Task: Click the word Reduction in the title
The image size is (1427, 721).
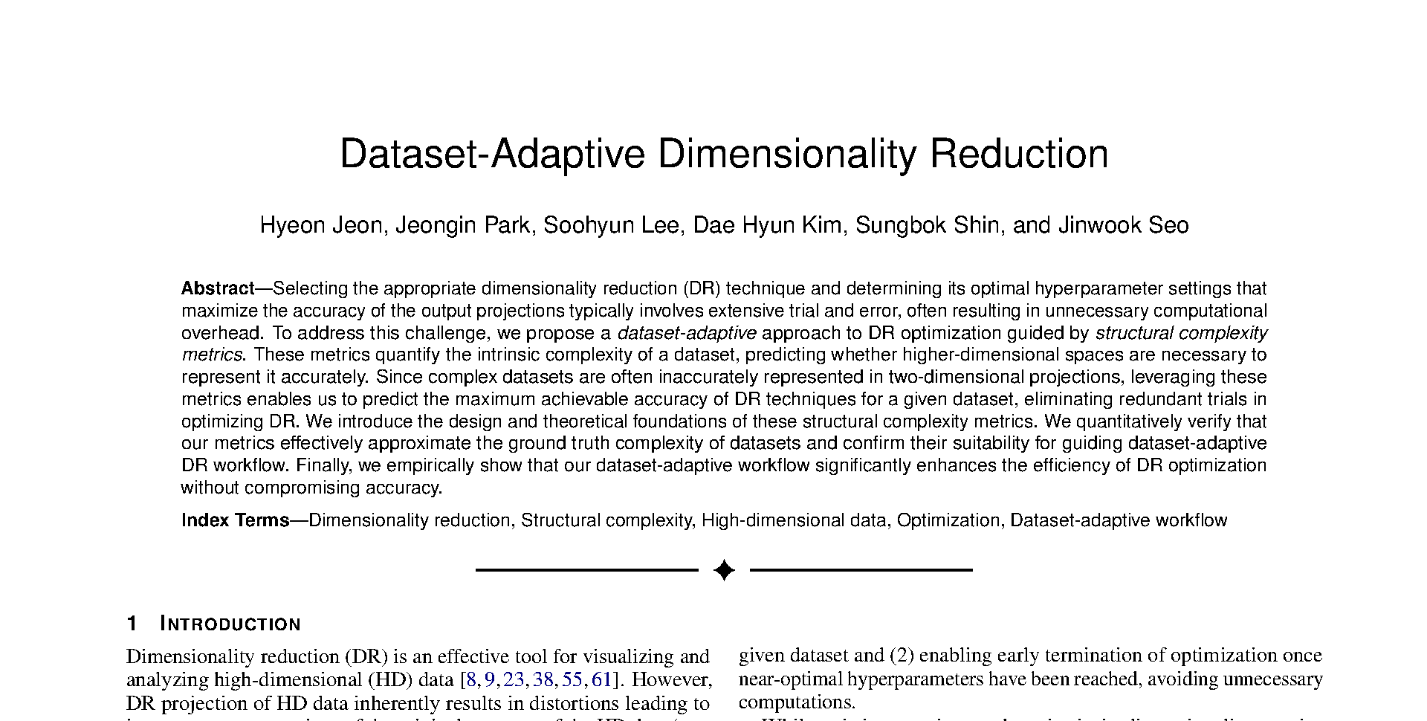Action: coord(1019,155)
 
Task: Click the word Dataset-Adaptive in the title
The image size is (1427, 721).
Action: coord(491,155)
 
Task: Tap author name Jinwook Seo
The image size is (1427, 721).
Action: coord(1123,225)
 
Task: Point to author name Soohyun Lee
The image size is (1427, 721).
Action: coord(611,225)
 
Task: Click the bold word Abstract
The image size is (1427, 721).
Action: coord(218,288)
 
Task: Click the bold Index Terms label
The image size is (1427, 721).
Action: coord(235,520)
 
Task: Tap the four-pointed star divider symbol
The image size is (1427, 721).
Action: coord(724,570)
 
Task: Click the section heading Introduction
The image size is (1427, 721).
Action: coord(230,624)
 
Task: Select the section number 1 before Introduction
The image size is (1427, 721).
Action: coord(132,624)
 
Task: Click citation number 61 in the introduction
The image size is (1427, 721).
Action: coord(601,679)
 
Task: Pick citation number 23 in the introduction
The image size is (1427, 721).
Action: coord(514,679)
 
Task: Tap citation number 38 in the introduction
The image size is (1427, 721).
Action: coord(543,679)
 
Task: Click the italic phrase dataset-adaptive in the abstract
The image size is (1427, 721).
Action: coord(687,333)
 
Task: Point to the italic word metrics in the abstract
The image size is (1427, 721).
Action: coord(212,355)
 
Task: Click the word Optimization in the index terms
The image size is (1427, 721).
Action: coord(948,520)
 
